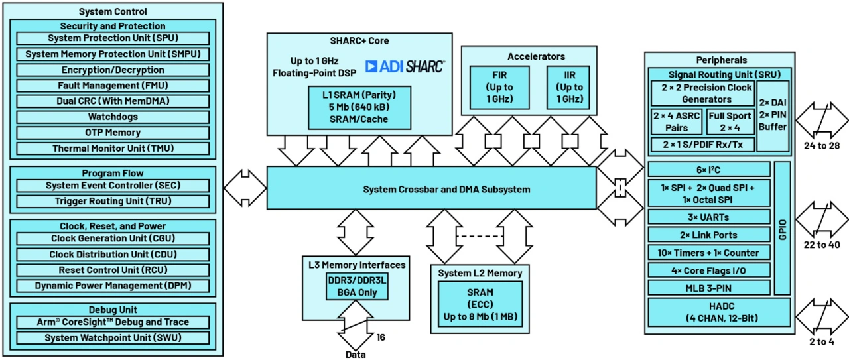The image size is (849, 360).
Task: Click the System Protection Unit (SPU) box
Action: click(112, 38)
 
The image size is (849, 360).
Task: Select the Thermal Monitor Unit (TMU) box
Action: click(112, 149)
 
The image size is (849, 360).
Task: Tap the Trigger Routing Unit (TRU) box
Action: click(112, 201)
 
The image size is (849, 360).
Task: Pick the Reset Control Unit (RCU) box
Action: click(112, 270)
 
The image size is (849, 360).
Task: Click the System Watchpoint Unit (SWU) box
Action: click(112, 338)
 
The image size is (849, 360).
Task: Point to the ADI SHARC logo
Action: click(405, 66)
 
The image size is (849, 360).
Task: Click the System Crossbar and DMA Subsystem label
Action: click(446, 190)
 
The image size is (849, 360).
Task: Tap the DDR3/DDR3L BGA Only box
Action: click(357, 287)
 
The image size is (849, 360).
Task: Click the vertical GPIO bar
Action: click(783, 227)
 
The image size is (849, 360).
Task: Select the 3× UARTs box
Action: click(709, 217)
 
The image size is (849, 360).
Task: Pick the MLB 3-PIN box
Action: click(709, 287)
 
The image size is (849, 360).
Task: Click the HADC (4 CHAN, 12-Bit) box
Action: click(718, 312)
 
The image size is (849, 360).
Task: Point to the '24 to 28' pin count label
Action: click(821, 145)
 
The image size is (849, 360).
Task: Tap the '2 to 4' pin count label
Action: click(821, 342)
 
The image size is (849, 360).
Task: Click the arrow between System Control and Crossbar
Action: click(245, 188)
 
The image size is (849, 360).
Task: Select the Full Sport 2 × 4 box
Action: click(730, 121)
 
